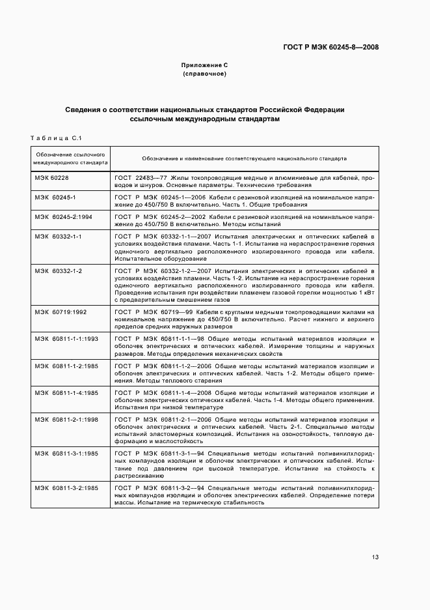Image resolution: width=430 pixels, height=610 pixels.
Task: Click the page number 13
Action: pos(375,557)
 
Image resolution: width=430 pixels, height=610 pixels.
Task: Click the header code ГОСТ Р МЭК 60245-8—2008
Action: pos(331,46)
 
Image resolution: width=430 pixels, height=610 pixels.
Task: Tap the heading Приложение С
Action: pos(204,66)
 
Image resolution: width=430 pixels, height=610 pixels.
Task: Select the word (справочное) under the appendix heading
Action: pos(204,74)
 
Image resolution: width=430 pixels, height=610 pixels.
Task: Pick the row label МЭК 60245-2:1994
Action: pos(64,216)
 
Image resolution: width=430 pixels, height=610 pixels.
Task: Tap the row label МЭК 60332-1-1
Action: pos(58,235)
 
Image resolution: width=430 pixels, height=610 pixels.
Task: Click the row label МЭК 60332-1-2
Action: pos(58,270)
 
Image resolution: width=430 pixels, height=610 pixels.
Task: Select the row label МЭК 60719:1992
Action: pos(61,312)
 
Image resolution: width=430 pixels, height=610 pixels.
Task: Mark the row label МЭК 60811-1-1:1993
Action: pos(66,339)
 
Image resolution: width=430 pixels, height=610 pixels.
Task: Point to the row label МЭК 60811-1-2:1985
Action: pos(66,366)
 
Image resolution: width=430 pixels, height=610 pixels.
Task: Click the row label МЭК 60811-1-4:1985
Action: pos(66,393)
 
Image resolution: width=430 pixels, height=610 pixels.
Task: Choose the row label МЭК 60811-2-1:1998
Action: pos(66,420)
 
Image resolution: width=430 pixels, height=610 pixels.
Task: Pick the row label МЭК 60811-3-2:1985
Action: pos(66,488)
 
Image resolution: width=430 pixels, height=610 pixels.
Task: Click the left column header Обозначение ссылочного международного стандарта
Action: pos(70,158)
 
